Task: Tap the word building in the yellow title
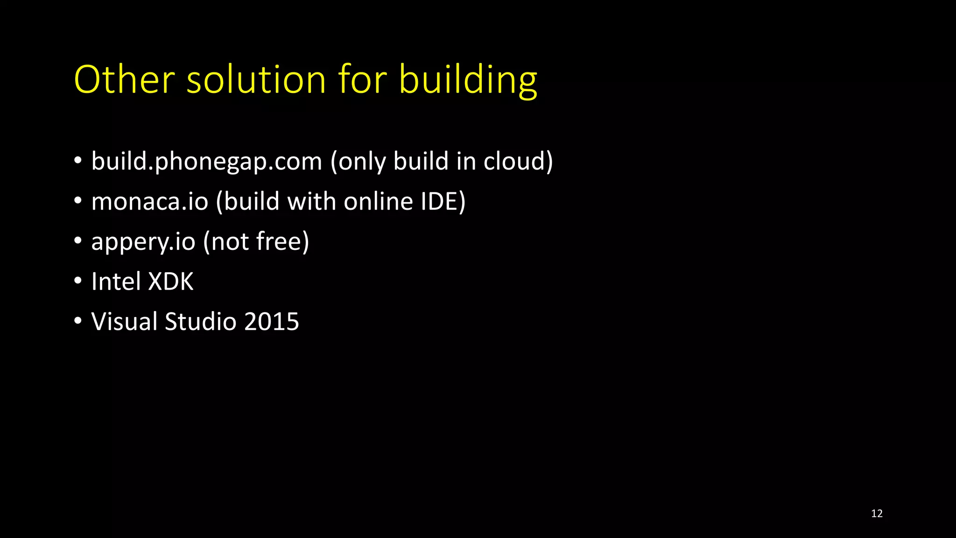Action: click(x=468, y=80)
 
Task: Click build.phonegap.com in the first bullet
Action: click(x=207, y=162)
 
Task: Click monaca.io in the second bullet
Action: click(x=150, y=201)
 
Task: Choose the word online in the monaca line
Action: click(x=379, y=201)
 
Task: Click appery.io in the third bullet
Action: click(x=143, y=242)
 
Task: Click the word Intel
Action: click(x=116, y=282)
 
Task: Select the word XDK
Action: click(x=170, y=282)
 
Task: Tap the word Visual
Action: click(x=125, y=322)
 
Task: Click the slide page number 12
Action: click(x=877, y=514)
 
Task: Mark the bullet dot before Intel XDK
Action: click(x=78, y=281)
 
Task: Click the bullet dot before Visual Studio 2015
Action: click(x=78, y=321)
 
